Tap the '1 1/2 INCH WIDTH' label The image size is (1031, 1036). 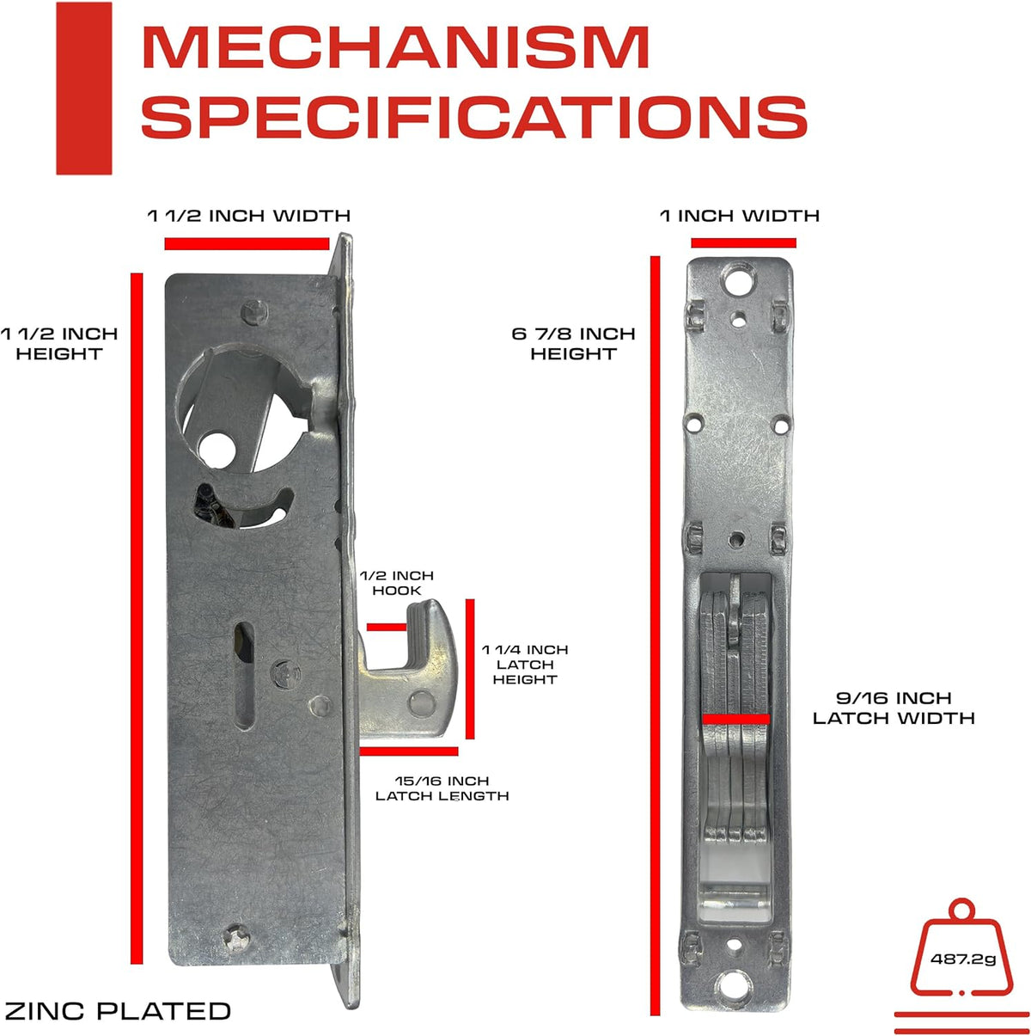(249, 215)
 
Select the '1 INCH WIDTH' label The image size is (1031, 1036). (740, 215)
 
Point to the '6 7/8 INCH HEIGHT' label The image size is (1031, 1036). (573, 343)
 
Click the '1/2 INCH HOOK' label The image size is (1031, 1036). (396, 583)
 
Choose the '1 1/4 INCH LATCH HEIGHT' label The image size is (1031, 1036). (525, 665)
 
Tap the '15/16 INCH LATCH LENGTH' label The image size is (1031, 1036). (442, 788)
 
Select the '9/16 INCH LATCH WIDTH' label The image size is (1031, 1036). (894, 708)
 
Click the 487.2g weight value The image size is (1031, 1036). (963, 959)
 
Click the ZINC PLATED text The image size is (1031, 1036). (118, 1010)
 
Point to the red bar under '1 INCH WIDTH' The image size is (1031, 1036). (743, 243)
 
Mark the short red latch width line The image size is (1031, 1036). (735, 717)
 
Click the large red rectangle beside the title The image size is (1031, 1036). (83, 88)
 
